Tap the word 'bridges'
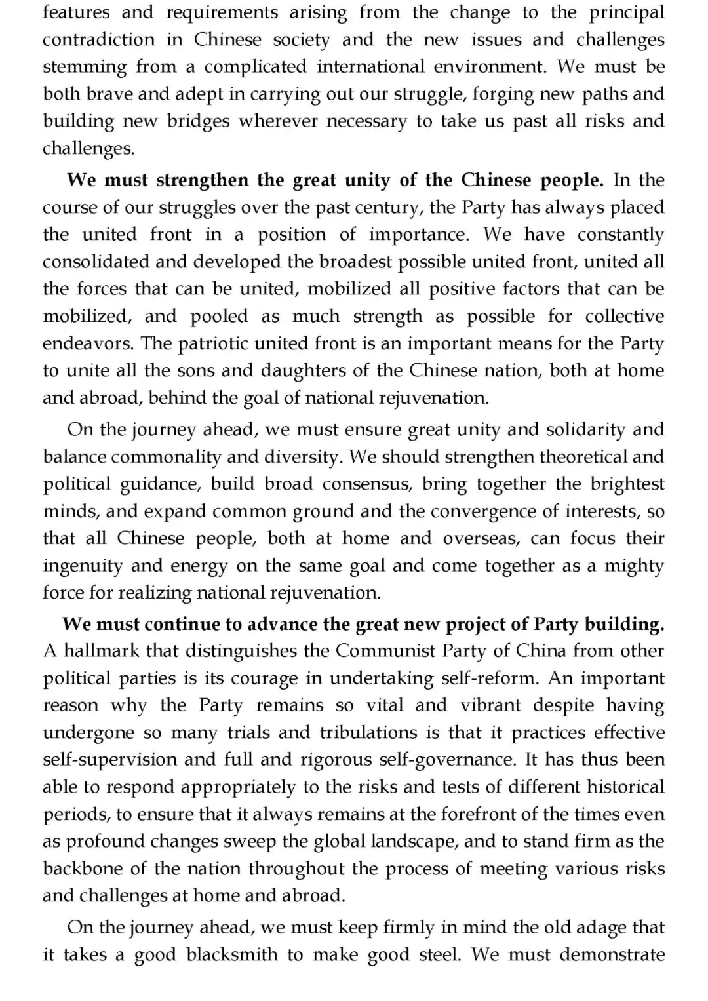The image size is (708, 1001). (x=198, y=121)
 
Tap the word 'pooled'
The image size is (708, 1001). (x=219, y=316)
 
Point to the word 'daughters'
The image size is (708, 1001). (x=306, y=370)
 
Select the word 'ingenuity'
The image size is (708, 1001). (x=83, y=566)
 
